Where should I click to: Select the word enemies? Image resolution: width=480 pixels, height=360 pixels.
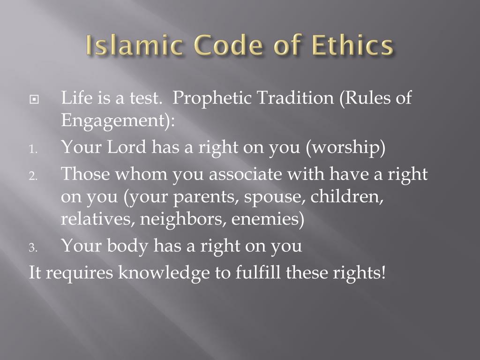[267, 219]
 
